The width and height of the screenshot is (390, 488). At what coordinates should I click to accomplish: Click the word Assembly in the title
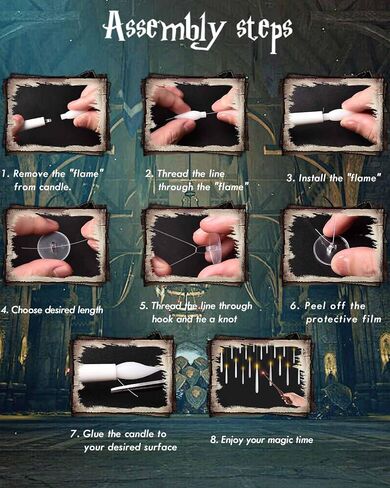point(163,29)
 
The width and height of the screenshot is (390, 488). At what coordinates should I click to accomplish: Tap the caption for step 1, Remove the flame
point(53,180)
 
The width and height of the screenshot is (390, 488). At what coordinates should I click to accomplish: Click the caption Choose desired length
point(52,310)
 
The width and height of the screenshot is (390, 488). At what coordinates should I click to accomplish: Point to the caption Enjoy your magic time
point(262,440)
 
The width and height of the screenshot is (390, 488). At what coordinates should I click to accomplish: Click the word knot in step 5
point(227,319)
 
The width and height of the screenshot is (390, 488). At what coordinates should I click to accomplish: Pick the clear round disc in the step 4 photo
point(53,248)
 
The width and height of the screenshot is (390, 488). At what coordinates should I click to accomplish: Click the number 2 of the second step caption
point(148,174)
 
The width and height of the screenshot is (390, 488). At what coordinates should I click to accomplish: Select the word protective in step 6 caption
point(332,319)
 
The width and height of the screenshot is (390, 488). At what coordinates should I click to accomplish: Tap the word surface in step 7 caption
point(160,447)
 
